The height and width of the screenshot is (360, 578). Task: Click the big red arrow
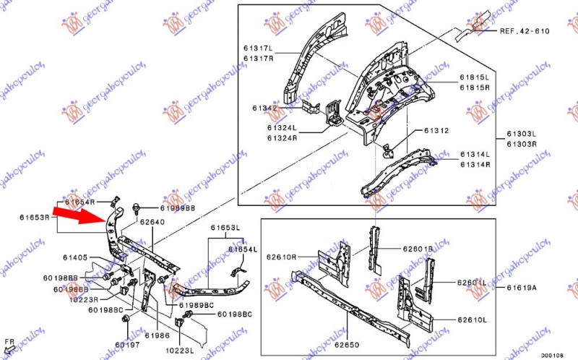click(x=82, y=214)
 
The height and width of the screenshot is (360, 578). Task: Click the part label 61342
click(x=265, y=108)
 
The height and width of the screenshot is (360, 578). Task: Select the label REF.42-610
click(x=523, y=31)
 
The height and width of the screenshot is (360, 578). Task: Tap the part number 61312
click(x=436, y=131)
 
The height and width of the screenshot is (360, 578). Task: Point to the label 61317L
click(x=258, y=48)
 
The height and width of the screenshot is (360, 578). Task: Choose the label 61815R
click(x=475, y=87)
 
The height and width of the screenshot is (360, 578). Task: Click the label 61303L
click(x=520, y=134)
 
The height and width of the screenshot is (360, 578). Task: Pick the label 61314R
click(x=475, y=164)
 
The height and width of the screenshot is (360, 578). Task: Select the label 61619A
click(x=522, y=288)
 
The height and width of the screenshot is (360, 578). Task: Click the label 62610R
click(x=282, y=257)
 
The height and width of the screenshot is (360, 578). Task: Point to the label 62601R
click(x=418, y=249)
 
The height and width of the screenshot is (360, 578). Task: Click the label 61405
click(x=74, y=257)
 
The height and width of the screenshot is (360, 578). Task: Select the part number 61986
click(x=156, y=335)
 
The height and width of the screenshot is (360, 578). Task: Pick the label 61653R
click(x=35, y=217)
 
